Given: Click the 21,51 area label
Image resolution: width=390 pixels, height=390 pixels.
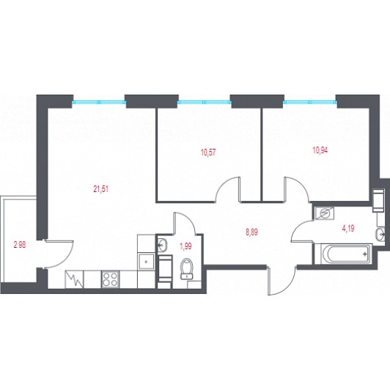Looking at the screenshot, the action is [101, 189].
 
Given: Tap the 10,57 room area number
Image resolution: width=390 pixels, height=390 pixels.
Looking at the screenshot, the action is [208, 152].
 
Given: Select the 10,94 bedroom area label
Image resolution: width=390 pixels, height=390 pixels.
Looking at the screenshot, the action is [320, 150].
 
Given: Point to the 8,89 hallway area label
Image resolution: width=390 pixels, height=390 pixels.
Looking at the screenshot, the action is [251, 232].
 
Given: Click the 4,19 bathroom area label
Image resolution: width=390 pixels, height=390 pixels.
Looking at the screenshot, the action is [348, 228].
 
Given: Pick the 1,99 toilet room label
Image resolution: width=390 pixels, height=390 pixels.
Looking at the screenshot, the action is [185, 246].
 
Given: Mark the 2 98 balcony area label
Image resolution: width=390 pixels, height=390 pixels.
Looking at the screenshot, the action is [20, 246].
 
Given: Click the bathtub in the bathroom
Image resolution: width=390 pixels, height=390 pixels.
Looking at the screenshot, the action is [344, 254].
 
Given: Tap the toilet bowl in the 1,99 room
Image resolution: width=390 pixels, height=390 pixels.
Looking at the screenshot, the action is [187, 268].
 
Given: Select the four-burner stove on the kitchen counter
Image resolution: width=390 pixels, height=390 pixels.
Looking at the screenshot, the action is [110, 279].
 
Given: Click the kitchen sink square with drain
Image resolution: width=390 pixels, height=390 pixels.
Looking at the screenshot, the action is [147, 261].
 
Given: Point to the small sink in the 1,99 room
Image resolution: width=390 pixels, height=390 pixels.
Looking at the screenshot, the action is [163, 245].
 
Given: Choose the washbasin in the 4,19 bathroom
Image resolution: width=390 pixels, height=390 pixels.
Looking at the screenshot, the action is [380, 235].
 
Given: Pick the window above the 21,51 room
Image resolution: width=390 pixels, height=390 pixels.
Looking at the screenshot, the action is [99, 102].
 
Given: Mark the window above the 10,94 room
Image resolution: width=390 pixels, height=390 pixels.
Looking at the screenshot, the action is [310, 102].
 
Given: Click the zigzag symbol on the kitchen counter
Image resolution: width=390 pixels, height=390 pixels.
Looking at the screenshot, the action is [74, 279].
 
